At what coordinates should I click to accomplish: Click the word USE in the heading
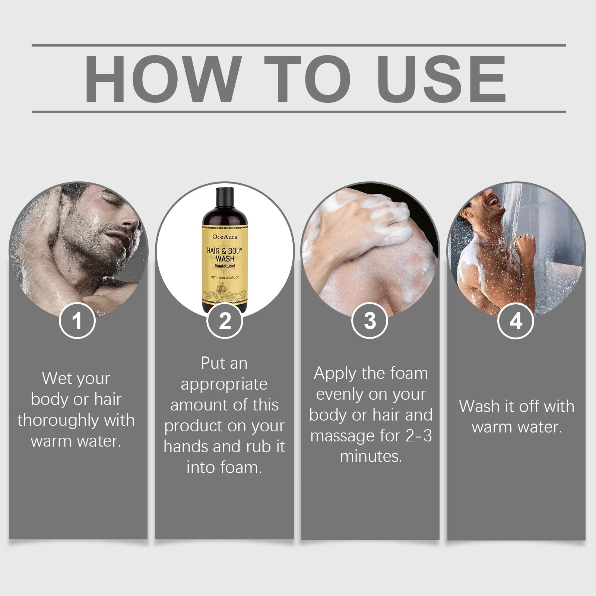point(443,79)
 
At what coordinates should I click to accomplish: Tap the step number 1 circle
point(77,321)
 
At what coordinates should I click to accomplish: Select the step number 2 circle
point(225,321)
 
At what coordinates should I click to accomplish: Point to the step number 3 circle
point(370,321)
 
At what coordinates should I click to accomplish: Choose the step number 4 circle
point(516,321)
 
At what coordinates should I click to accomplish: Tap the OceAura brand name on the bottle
point(225,237)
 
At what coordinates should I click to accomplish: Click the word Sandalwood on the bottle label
point(225,266)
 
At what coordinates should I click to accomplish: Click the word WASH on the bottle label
point(225,258)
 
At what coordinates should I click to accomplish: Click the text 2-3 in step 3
point(419,435)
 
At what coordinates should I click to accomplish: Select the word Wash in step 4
point(480,406)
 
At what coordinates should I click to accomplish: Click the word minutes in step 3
point(371,456)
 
